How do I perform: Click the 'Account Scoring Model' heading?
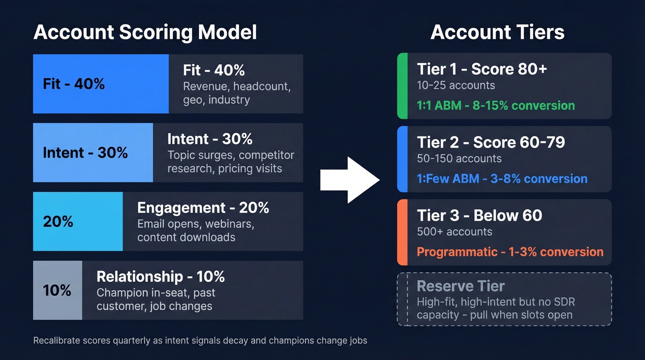(x=145, y=33)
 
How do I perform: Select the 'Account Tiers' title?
(x=498, y=33)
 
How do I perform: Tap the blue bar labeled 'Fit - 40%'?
(x=100, y=84)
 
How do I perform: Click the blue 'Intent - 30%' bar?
(x=93, y=153)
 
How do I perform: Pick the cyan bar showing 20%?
(x=78, y=222)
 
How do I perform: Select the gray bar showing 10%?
(x=58, y=290)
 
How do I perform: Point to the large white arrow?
(x=350, y=180)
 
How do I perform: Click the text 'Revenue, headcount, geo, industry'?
(x=237, y=93)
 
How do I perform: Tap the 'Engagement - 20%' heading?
(x=203, y=208)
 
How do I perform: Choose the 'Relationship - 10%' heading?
(x=160, y=277)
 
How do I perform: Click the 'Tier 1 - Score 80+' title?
(x=482, y=69)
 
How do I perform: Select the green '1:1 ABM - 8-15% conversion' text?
(x=496, y=106)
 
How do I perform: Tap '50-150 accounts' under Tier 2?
(x=459, y=159)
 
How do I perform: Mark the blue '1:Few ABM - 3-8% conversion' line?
(x=502, y=179)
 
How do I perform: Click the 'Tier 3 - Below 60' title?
(x=480, y=216)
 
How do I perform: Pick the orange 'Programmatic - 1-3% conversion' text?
(x=510, y=252)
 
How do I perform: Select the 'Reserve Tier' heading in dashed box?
(x=461, y=286)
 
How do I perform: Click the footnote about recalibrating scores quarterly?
(x=200, y=341)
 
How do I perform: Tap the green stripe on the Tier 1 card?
(x=402, y=86)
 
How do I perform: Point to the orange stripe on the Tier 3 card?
(x=402, y=232)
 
